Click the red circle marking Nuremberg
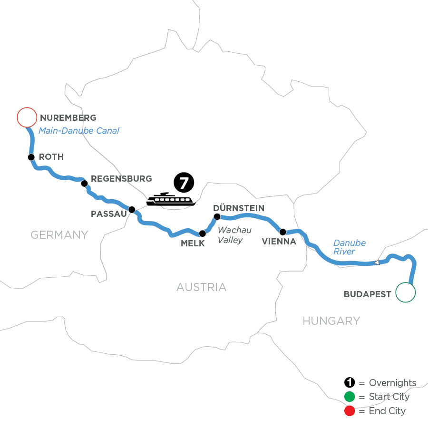tap(27, 117)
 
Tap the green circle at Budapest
tap(406, 292)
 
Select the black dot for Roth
tap(31, 157)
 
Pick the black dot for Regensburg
tap(84, 184)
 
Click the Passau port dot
tap(132, 209)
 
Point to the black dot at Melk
tap(203, 233)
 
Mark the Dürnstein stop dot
tap(217, 217)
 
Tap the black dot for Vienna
tap(282, 232)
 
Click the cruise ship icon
tap(171, 200)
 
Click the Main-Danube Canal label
tap(78, 131)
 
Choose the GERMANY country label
tap(59, 234)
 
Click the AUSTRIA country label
tap(201, 287)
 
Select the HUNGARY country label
tap(331, 321)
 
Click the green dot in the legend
tap(350, 397)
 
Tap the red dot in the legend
tap(350, 410)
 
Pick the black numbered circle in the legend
tap(350, 383)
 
